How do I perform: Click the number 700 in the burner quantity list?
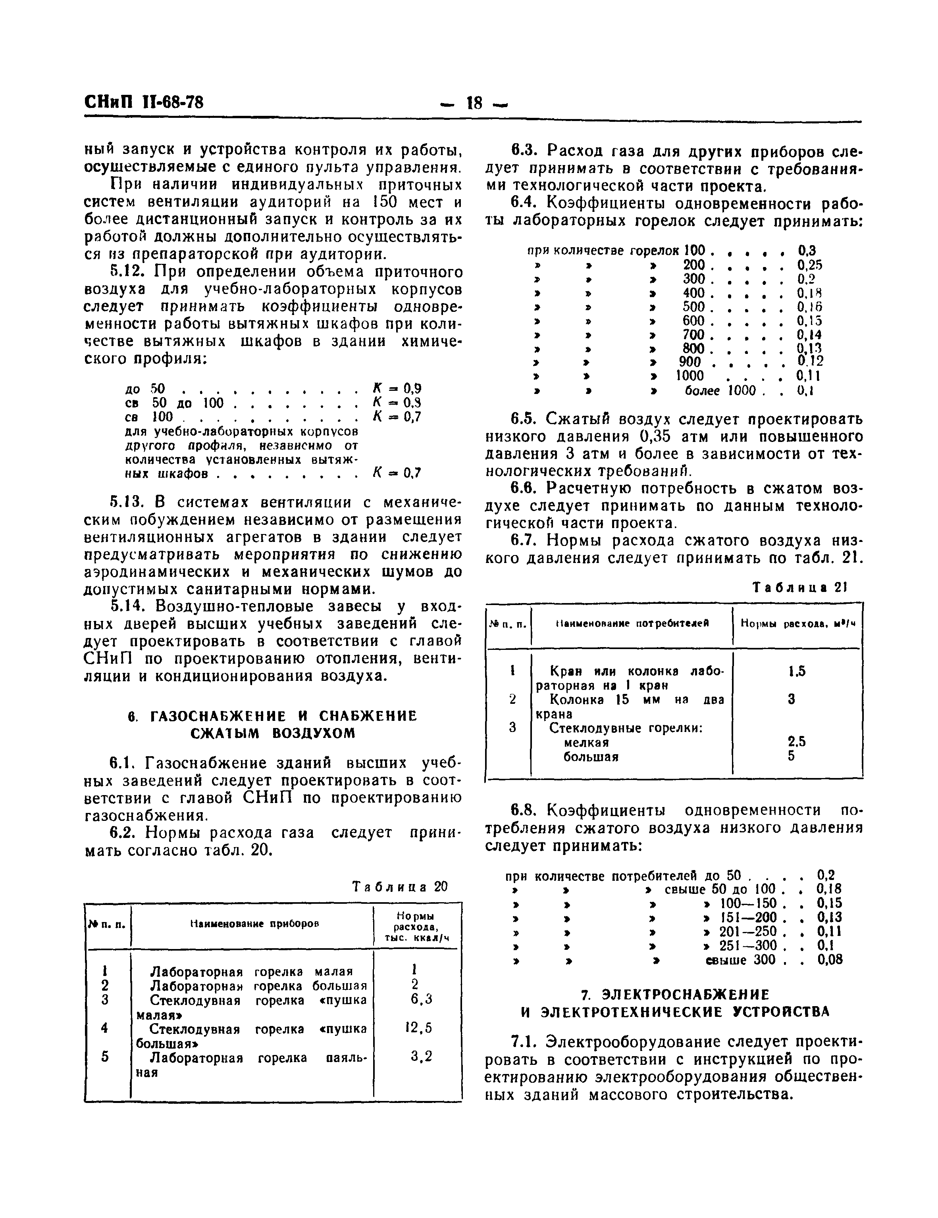coord(693,334)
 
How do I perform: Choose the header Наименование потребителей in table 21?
coord(632,623)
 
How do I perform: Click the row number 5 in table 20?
coord(105,1057)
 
